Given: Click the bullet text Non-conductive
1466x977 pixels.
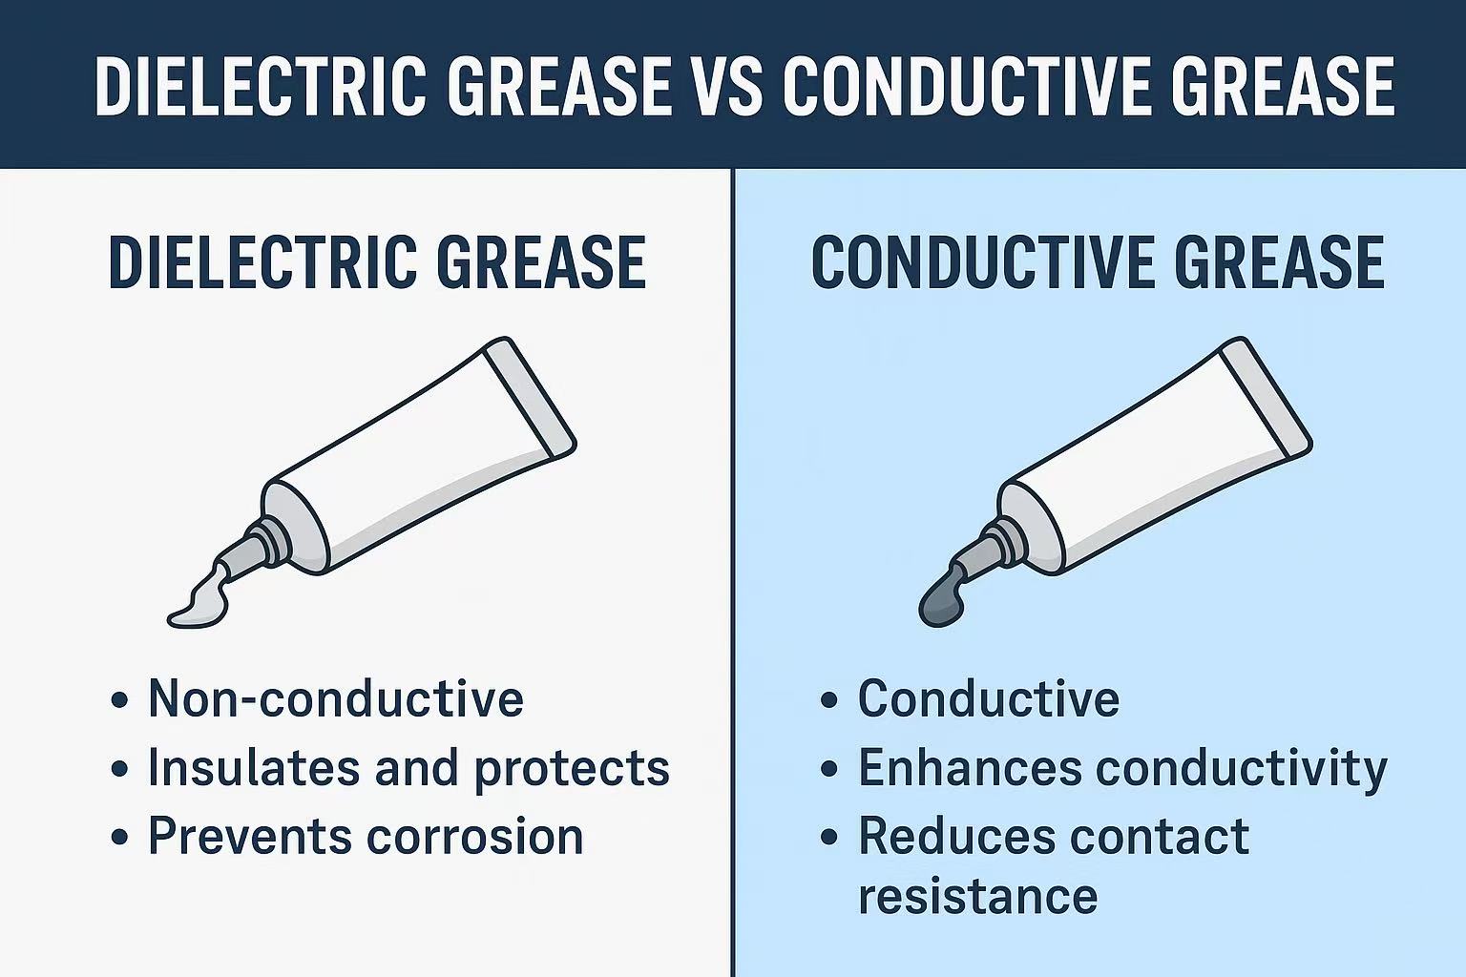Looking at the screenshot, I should (x=335, y=699).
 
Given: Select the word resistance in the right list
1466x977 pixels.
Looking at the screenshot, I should (x=977, y=896).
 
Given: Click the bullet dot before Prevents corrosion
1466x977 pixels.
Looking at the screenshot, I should (x=119, y=838).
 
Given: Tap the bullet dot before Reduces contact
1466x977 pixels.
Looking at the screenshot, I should (x=829, y=838).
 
